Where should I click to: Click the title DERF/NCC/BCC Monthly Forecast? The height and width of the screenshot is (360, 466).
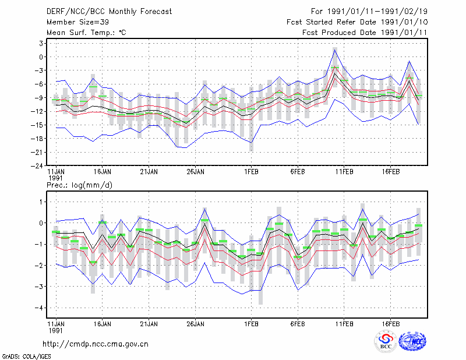109,12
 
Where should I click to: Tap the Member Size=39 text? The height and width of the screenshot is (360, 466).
78,22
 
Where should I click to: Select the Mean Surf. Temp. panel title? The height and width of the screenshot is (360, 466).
86,33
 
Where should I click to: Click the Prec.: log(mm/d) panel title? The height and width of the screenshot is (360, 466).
79,185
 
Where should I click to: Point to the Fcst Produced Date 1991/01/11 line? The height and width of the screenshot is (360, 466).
365,33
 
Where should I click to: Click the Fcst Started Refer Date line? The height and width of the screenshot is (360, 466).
357,22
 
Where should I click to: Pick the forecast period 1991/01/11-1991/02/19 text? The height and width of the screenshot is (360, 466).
369,12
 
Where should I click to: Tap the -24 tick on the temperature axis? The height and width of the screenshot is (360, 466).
37,166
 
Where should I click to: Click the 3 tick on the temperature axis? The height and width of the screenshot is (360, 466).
41,44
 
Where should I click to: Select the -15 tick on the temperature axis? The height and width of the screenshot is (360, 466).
37,125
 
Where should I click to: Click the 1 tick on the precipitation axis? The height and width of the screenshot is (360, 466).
41,202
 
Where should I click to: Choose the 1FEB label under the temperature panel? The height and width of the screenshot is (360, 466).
252,172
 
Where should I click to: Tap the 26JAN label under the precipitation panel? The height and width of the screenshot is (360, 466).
196,324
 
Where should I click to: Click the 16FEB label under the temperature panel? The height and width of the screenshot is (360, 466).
391,172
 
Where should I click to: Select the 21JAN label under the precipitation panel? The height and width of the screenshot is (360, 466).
149,324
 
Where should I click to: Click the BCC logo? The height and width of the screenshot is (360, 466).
386,342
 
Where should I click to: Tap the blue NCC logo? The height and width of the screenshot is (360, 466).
412,341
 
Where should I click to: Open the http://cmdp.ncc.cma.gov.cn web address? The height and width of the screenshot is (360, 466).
96,344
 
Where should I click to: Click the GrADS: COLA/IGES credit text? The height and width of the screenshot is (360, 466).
27,357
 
